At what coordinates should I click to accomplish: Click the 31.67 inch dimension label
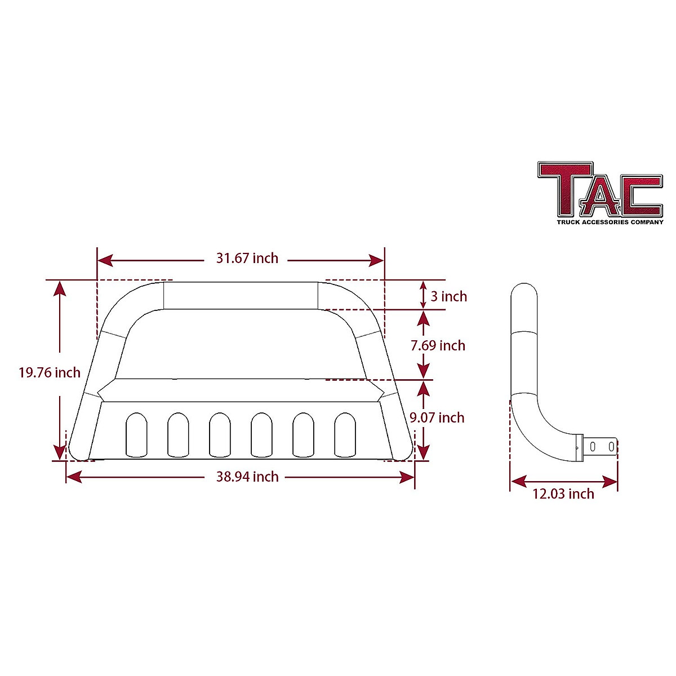(247, 259)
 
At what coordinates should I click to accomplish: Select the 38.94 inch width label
(247, 477)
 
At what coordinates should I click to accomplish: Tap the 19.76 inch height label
(50, 373)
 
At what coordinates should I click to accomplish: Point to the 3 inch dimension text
(448, 296)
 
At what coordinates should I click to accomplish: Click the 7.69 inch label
(438, 345)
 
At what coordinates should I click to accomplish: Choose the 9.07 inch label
(437, 417)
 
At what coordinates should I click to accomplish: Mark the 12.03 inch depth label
(563, 494)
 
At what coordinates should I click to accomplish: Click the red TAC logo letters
(600, 189)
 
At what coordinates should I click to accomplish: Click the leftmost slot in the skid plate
(136, 434)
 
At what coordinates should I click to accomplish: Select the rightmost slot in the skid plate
(345, 434)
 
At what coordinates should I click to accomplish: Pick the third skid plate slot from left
(219, 434)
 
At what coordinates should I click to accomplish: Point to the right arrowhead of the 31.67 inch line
(377, 260)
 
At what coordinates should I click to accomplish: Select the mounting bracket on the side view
(600, 446)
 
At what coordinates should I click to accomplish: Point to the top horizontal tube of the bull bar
(241, 296)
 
